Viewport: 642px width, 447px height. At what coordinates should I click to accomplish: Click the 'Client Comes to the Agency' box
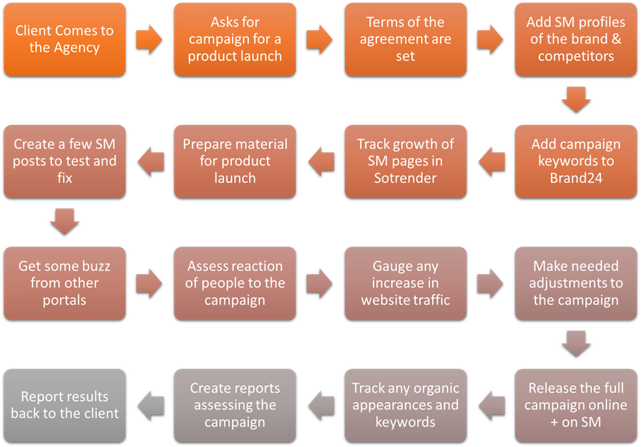click(64, 40)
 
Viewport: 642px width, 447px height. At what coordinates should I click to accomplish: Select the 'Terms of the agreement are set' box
click(405, 40)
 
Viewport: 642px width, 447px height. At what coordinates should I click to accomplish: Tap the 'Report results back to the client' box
click(64, 405)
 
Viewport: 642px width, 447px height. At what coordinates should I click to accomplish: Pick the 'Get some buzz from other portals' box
click(64, 283)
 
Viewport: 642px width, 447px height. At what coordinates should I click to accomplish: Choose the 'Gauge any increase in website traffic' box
click(405, 283)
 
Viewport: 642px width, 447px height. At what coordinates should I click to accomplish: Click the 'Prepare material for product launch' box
click(235, 161)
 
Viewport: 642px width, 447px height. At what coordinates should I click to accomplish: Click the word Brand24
click(576, 178)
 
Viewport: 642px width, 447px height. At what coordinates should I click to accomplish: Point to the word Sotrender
click(405, 178)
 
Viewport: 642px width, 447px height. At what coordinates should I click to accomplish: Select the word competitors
click(576, 56)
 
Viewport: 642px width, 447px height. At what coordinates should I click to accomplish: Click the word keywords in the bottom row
click(405, 422)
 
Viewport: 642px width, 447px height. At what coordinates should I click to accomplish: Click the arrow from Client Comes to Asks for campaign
click(149, 40)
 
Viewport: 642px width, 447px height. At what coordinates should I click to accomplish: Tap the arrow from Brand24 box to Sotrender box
click(491, 161)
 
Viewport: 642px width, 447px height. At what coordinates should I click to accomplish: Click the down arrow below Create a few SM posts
click(64, 223)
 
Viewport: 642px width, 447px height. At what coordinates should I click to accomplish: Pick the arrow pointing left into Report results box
click(149, 405)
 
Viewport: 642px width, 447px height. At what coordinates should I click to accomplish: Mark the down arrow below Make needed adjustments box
click(576, 344)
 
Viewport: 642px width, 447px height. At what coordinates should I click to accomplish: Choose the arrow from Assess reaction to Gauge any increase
click(320, 283)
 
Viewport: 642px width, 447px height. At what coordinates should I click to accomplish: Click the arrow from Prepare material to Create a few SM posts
click(149, 161)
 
